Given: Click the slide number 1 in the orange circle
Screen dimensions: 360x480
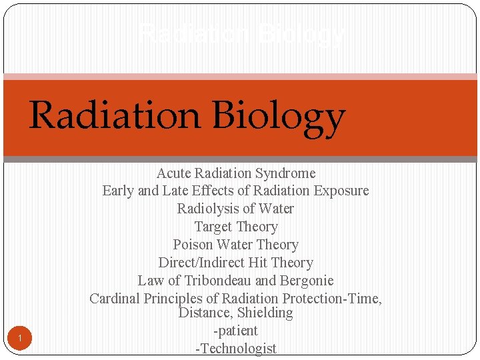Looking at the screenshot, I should coord(20,339).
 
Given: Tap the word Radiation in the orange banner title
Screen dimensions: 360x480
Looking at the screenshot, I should coord(113,115).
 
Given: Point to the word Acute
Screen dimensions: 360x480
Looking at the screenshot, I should coord(173,173).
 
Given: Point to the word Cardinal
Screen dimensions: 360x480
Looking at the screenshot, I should coord(115,299).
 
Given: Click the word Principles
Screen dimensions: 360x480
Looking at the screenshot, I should coord(176,299).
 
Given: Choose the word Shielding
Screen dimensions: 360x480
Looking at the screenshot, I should coord(265,313).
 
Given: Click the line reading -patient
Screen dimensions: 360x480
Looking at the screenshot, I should coord(235,331).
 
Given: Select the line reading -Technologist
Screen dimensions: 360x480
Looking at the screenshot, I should coord(235,348).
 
